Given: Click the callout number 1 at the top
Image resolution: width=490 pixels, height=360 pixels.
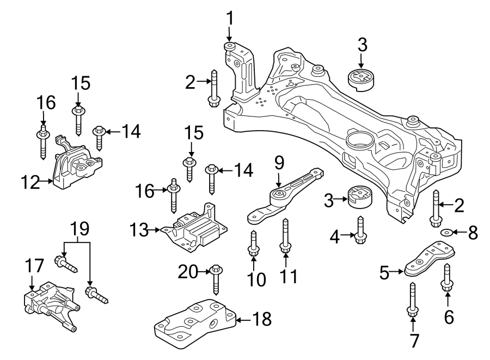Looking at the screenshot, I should (x=230, y=18).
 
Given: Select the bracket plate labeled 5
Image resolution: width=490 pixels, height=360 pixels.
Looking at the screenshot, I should (x=431, y=259).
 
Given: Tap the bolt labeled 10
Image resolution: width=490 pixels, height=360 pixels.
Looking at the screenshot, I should (x=253, y=242).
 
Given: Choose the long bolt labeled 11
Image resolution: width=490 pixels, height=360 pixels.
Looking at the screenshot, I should (x=285, y=236).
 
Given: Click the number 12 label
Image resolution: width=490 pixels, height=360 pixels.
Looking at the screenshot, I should (x=30, y=183).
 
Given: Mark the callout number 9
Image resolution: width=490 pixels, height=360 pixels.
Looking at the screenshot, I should (x=279, y=162).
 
